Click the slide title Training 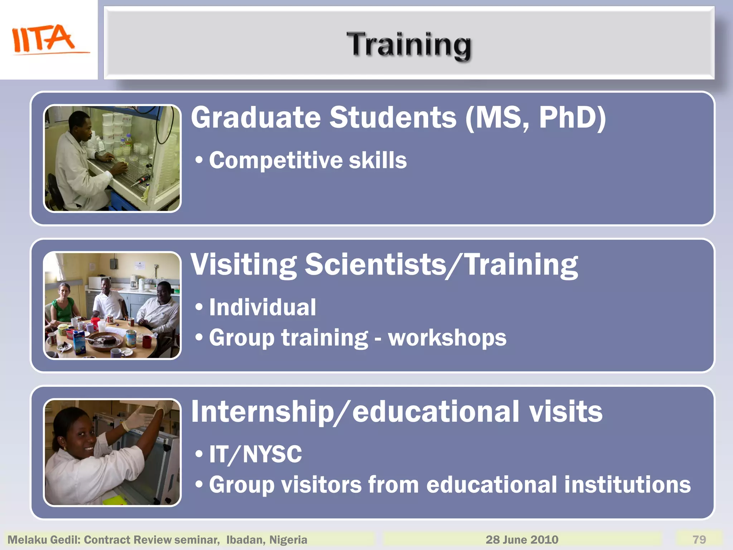pyautogui.click(x=409, y=44)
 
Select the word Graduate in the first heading pyautogui.click(x=256, y=118)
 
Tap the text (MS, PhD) pyautogui.click(x=535, y=118)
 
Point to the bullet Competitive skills pyautogui.click(x=307, y=160)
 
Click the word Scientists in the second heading pyautogui.click(x=375, y=265)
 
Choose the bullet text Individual pyautogui.click(x=262, y=308)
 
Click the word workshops pyautogui.click(x=447, y=338)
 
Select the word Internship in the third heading pyautogui.click(x=262, y=412)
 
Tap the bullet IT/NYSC pyautogui.click(x=255, y=454)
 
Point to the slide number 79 pyautogui.click(x=699, y=539)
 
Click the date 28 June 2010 pyautogui.click(x=521, y=539)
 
